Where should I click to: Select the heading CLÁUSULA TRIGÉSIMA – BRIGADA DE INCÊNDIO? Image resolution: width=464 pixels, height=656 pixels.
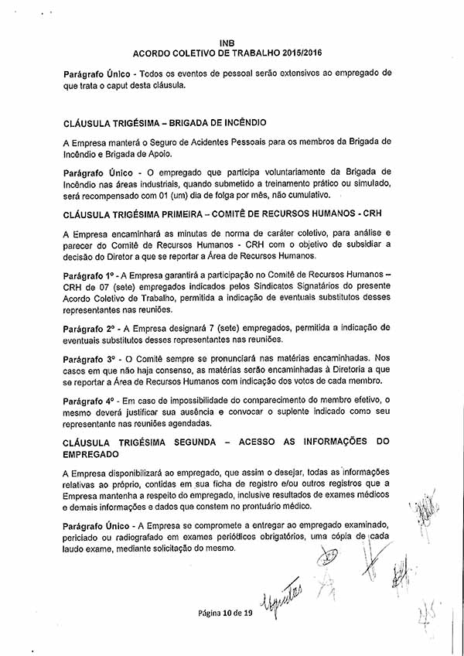tap(165, 122)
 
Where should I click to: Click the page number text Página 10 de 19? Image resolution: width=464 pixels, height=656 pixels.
tap(225, 613)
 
